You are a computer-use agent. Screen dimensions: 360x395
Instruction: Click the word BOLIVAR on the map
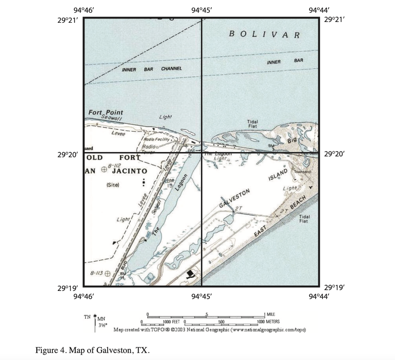click(x=265, y=34)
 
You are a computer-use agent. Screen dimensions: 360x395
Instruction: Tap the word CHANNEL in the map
click(x=171, y=68)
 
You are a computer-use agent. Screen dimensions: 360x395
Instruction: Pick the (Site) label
click(x=113, y=185)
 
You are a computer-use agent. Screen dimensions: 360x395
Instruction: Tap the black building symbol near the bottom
click(x=190, y=274)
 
